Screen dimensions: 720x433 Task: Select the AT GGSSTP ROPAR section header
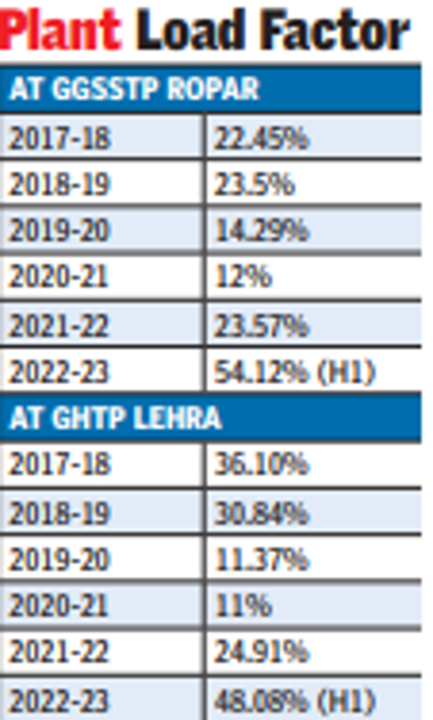point(134,89)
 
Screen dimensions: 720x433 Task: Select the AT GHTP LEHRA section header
point(115,418)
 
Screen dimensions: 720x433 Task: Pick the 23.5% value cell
point(254,185)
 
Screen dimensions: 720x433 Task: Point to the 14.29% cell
point(261,232)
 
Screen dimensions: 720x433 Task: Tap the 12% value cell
point(242,278)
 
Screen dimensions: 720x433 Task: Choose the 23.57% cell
point(261,325)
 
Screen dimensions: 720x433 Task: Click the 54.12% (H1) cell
point(294,372)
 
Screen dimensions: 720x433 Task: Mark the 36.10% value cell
point(261,465)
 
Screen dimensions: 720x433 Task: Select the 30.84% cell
point(261,512)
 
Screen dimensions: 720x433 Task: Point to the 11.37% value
point(261,559)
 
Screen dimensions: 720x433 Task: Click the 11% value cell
point(242,605)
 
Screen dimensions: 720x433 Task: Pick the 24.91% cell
point(261,653)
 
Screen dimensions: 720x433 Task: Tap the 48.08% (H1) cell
point(294,700)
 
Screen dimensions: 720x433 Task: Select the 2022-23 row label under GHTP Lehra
point(59,700)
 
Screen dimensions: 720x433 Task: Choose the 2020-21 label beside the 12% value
point(59,278)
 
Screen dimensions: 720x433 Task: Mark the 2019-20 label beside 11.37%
point(59,559)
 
